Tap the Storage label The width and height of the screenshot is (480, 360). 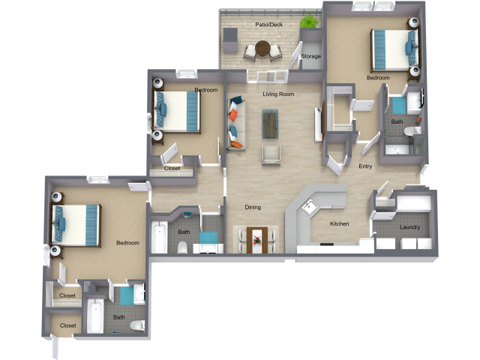(310, 56)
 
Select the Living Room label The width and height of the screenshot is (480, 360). (277, 94)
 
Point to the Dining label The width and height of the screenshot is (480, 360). (253, 207)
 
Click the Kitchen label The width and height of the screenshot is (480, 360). (340, 223)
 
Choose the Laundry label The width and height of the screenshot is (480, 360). (409, 227)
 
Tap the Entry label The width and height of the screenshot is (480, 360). (365, 166)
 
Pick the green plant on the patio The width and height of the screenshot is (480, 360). (308, 22)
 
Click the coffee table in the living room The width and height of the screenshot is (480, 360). (270, 123)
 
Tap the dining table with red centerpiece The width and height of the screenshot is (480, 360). (257, 238)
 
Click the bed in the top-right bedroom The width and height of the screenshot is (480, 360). (391, 49)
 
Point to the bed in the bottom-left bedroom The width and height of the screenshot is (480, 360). (77, 224)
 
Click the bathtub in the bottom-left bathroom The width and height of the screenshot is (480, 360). (95, 316)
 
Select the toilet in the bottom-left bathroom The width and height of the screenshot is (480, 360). (136, 325)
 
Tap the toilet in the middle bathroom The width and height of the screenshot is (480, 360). (182, 246)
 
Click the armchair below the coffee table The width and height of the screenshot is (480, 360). (270, 155)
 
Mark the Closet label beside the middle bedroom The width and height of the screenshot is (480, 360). (172, 169)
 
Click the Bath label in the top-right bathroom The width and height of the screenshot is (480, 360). (397, 121)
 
